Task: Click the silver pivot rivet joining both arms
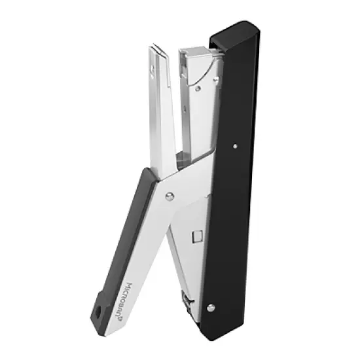170,195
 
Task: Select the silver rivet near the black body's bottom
209,308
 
